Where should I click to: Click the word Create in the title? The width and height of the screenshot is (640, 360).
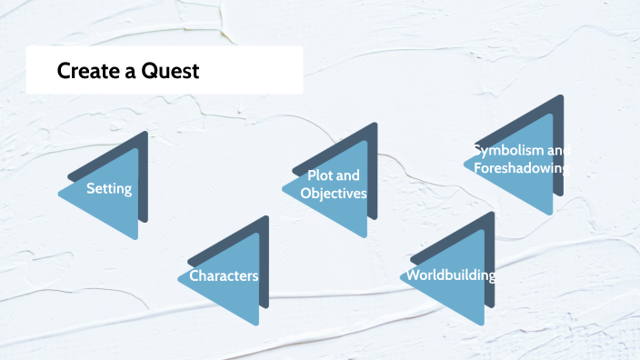coord(84,71)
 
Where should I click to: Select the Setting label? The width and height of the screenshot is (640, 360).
coord(109,189)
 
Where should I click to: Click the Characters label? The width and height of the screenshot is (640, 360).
coord(224,275)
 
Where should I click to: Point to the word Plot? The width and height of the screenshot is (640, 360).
coord(321,175)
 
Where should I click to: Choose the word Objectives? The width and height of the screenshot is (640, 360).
coord(333,194)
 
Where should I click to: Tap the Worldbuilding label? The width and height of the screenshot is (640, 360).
coord(451,275)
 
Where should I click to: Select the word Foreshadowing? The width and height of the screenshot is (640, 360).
coord(520,168)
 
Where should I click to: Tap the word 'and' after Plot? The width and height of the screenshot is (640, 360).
coord(348,175)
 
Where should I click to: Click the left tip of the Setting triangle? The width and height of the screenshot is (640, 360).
coord(59,194)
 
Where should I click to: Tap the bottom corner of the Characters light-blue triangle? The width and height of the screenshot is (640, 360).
coord(258,325)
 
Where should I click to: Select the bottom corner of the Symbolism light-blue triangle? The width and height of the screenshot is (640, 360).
coord(552,215)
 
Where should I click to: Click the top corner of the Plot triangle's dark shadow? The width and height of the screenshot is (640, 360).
coord(375,124)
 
